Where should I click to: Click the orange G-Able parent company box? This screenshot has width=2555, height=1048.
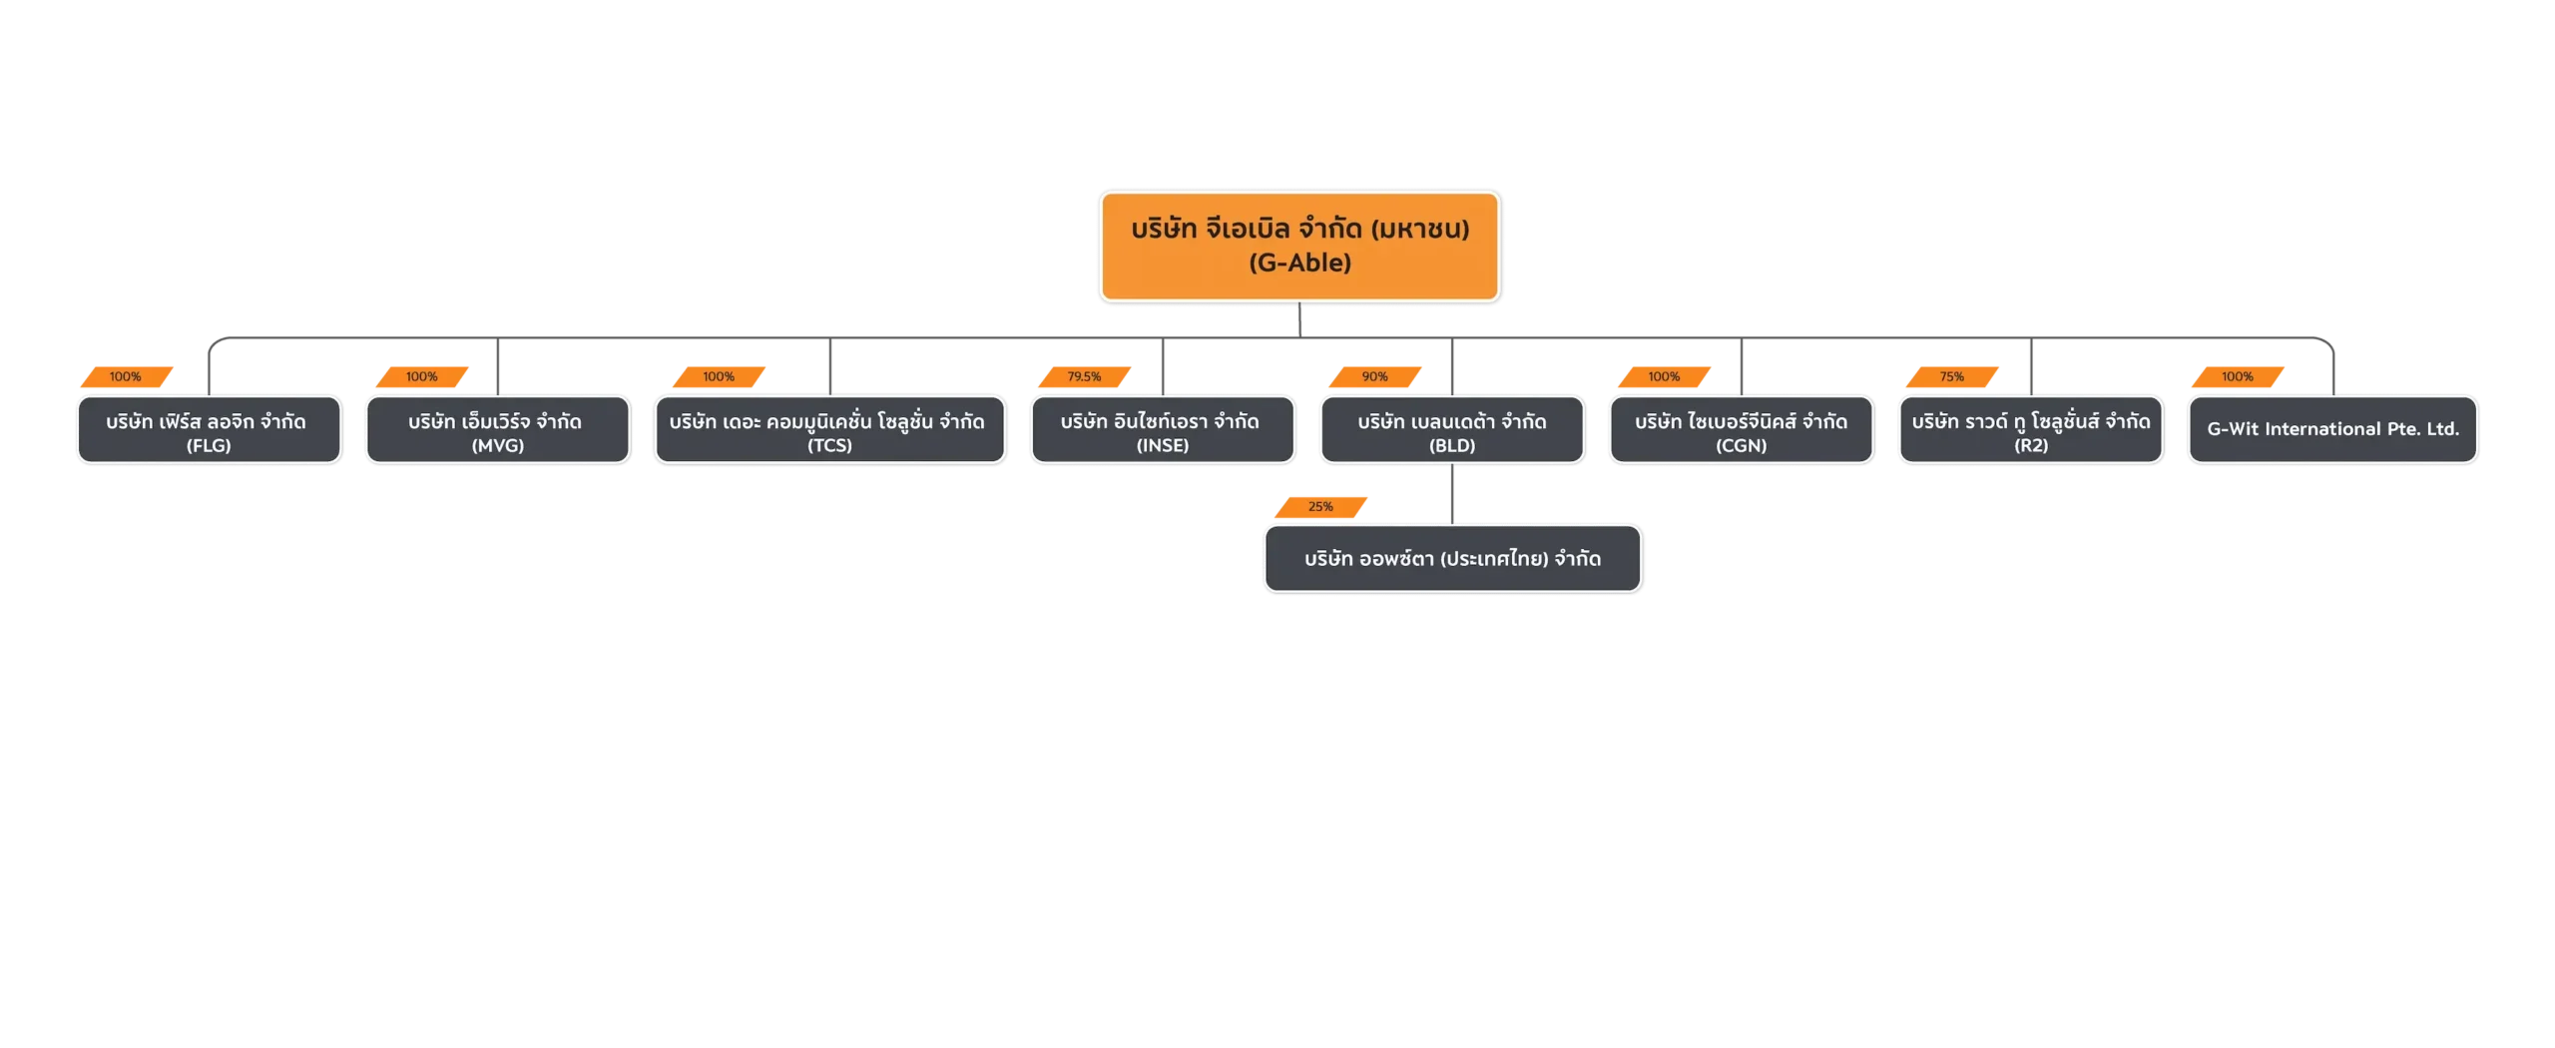(x=1299, y=245)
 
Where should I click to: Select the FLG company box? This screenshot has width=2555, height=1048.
(x=209, y=430)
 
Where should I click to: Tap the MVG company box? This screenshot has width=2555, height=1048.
(x=497, y=430)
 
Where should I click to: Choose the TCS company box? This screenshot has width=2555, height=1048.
(x=829, y=430)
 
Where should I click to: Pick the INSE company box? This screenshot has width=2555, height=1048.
(x=1163, y=430)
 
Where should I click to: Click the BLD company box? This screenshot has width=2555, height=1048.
(x=1452, y=430)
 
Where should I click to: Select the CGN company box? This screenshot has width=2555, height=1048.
(x=1741, y=430)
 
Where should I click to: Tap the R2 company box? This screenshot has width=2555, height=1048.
(x=2031, y=430)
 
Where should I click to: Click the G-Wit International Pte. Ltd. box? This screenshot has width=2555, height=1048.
(x=2333, y=429)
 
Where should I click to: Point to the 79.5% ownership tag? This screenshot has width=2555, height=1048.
(x=1085, y=376)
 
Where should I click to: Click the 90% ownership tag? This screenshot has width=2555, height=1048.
(x=1374, y=376)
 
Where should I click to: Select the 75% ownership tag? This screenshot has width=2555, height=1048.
(x=1952, y=376)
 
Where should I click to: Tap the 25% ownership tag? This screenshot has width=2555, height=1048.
(x=1320, y=507)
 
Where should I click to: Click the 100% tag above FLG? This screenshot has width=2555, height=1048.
(x=126, y=376)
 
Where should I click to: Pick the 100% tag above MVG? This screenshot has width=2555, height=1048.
(x=421, y=376)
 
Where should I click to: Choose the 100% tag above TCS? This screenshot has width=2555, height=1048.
(x=719, y=376)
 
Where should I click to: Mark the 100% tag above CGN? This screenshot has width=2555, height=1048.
(x=1664, y=376)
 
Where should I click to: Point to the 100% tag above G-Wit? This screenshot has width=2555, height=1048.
(x=2238, y=376)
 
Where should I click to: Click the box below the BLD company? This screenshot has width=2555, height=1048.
(x=1452, y=559)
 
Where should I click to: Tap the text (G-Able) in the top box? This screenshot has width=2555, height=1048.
(x=1299, y=263)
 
